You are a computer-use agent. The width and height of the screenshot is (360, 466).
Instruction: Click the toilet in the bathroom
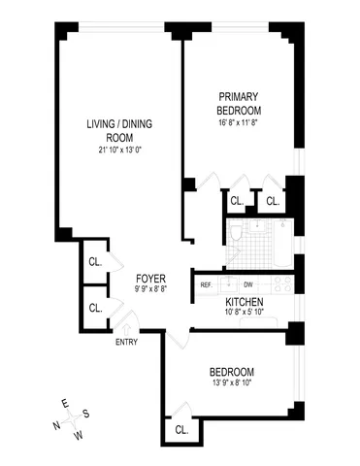pos(236,233)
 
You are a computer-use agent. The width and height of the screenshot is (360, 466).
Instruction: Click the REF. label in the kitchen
pos(206,284)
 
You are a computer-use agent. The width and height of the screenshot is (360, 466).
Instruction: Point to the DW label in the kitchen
pos(247,284)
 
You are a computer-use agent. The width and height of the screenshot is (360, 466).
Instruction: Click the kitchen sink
pos(226,284)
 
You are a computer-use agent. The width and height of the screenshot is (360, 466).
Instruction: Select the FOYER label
pos(150,276)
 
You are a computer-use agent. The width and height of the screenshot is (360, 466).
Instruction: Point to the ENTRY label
pos(126,341)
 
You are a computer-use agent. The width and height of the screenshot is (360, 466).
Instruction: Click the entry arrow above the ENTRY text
pos(130,328)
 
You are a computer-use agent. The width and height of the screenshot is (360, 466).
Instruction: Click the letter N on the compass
pos(55,424)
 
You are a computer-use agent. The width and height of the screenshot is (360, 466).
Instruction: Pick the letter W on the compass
pos(80,435)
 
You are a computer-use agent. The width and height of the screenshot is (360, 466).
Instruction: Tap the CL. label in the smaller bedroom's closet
pos(181,428)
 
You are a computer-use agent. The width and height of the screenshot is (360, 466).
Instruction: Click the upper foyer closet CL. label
pos(95,261)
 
